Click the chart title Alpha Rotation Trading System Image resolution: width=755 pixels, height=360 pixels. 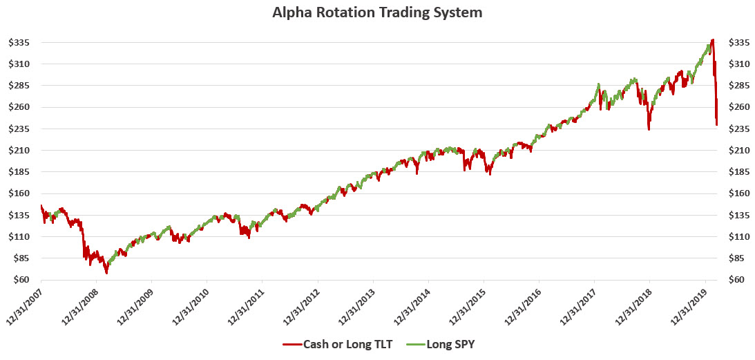pos(377,12)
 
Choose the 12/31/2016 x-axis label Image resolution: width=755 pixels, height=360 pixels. pos(522,305)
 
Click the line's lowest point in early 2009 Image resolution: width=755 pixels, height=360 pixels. pos(106,274)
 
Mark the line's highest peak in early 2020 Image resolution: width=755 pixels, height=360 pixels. pos(712,40)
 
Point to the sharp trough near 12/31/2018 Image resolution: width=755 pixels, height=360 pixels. pos(649,129)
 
